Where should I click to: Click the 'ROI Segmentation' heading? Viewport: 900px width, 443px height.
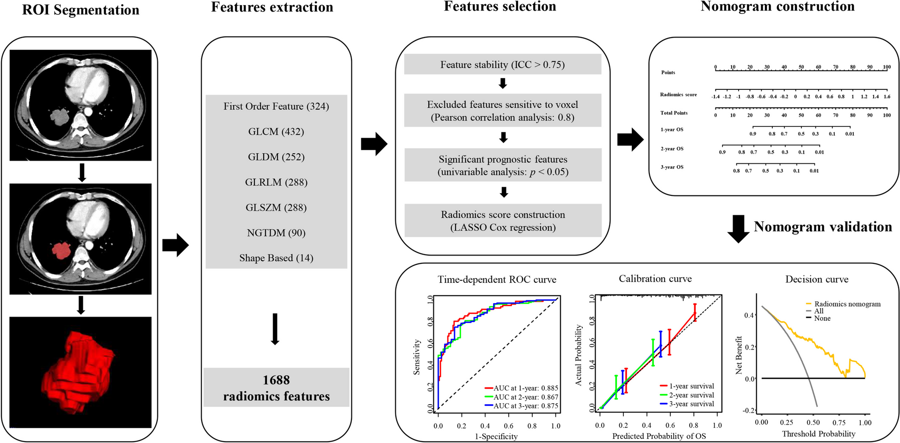80,10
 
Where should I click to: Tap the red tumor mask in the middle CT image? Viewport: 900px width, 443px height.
60,251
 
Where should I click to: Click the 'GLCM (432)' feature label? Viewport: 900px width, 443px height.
276,132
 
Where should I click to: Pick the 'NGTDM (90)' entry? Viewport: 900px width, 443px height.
276,233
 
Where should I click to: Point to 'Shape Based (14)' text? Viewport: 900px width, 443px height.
276,258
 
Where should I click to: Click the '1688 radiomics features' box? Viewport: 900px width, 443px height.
276,388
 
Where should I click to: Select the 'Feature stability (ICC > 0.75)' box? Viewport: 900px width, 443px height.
502,65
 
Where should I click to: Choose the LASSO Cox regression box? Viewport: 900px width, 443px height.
503,221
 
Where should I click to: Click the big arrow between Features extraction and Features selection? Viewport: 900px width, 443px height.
374,144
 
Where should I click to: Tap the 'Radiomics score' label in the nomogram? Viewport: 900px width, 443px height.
678,95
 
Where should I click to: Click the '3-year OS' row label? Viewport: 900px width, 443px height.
672,167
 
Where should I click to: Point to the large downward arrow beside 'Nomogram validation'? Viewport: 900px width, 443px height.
738,229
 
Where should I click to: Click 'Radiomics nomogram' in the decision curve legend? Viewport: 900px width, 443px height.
847,304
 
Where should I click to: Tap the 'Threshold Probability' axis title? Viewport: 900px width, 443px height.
818,434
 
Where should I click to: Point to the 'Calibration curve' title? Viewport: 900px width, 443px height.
655,279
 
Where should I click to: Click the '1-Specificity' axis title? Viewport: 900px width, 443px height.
496,437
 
